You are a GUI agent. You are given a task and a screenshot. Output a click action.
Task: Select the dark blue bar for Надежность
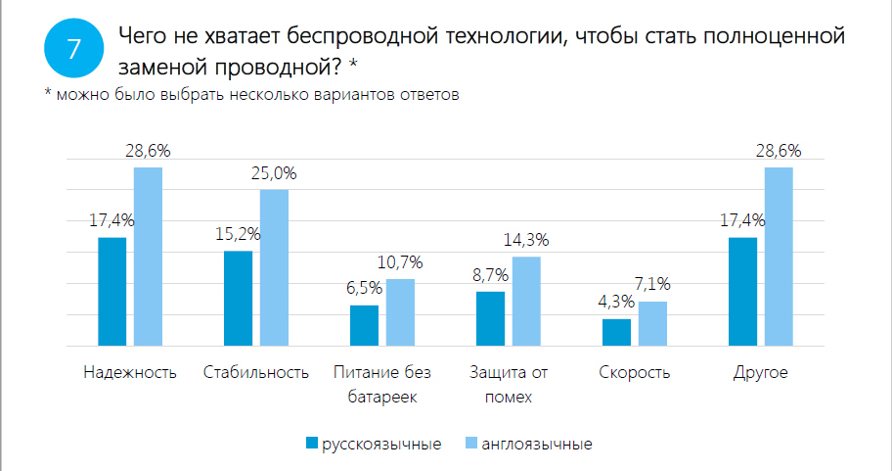[112, 292]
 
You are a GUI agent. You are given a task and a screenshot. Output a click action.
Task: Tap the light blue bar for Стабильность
[274, 267]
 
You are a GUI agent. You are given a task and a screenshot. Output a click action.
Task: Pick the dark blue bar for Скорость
[616, 332]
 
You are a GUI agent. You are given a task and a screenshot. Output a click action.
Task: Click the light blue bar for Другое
[779, 257]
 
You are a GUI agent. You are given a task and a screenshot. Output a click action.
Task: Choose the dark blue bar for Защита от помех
[490, 318]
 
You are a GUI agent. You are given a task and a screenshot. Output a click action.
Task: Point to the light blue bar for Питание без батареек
[400, 312]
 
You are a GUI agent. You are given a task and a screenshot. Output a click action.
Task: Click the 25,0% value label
[274, 173]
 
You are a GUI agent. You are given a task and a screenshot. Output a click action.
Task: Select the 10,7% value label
[400, 262]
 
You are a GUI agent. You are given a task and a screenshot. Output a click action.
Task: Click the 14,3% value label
[526, 240]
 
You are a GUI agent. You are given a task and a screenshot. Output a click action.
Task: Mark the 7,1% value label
[652, 285]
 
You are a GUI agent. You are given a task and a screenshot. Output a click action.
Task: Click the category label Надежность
[130, 373]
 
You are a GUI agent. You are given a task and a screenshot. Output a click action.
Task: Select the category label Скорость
[634, 373]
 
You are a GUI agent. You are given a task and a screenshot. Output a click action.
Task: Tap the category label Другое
[761, 373]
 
